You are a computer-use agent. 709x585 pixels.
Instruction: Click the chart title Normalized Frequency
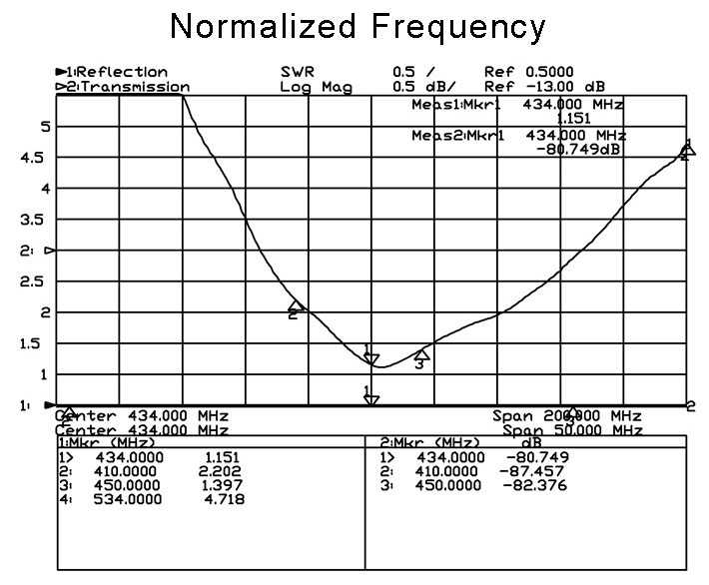click(x=358, y=26)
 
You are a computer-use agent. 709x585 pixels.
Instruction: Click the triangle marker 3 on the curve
click(x=421, y=354)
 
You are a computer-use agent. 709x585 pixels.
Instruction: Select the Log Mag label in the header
click(x=316, y=88)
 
